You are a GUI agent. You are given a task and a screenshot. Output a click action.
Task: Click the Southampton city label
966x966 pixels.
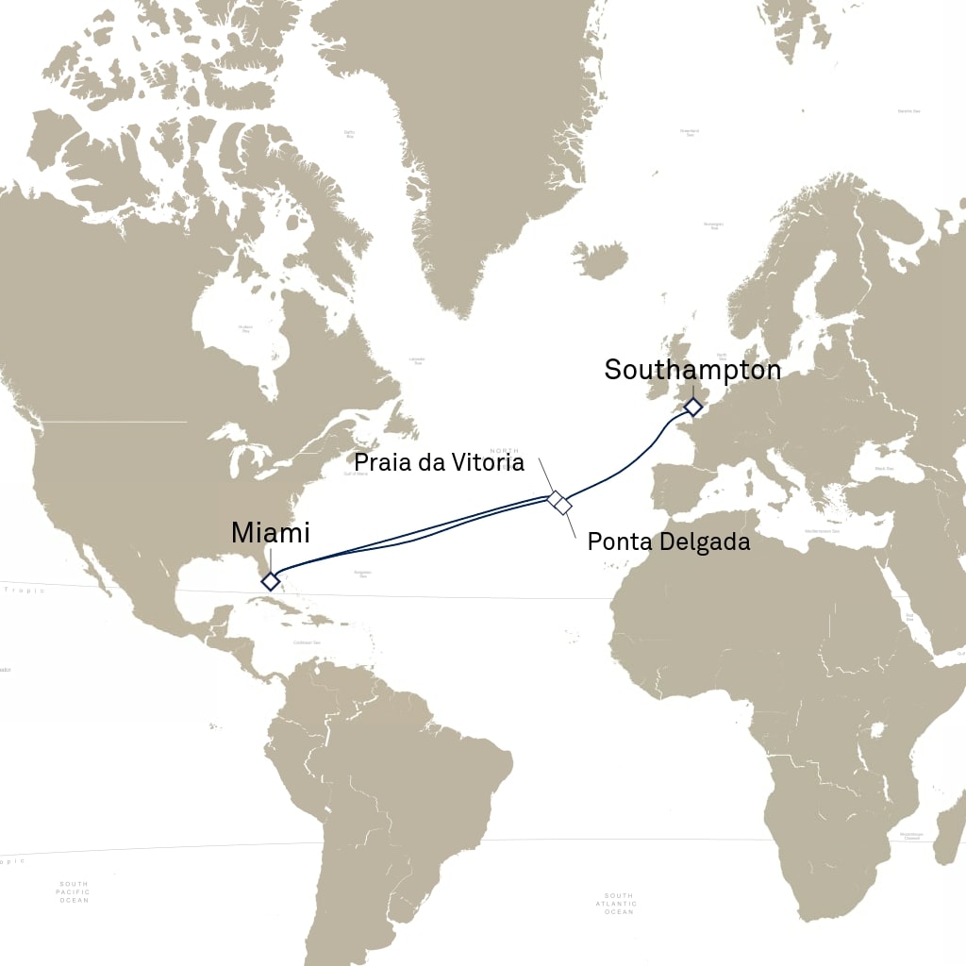point(692,371)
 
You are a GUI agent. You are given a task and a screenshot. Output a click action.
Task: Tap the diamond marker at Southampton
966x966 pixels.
point(692,408)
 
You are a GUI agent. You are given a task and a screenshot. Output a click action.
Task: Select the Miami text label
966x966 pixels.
point(270,533)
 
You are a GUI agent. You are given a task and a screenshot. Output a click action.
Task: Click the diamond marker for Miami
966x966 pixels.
point(270,581)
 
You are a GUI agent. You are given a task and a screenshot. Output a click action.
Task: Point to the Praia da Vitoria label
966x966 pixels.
point(439,462)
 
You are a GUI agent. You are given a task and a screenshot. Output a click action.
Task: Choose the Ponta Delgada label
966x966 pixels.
point(668,542)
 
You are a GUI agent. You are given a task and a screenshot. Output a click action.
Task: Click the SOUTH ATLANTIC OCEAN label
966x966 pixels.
point(619,904)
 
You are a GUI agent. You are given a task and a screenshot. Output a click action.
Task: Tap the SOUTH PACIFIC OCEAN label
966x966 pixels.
point(74,892)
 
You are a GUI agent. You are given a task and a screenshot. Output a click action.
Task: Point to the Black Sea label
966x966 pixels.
point(884,469)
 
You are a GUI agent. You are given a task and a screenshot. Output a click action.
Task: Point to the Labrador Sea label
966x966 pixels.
point(416,359)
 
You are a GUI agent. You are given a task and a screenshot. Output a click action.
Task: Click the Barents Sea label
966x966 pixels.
point(908,111)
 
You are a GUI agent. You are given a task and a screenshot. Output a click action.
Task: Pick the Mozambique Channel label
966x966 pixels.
point(910,836)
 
